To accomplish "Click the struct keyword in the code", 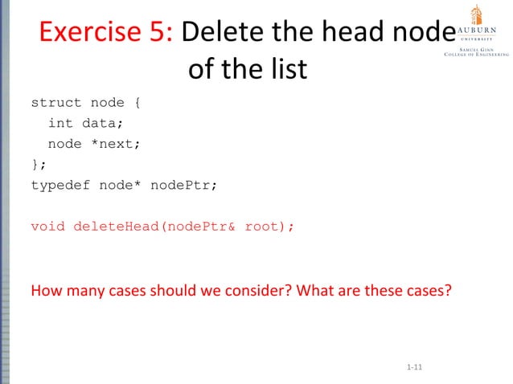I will (55, 103).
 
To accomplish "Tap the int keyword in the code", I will (60, 124).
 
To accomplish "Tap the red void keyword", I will (47, 227).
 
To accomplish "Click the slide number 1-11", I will (415, 368).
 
